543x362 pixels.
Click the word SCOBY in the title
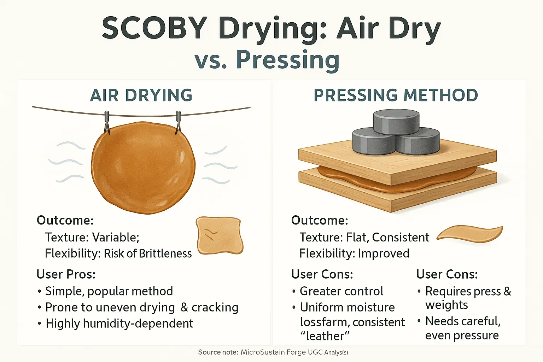pos(154,28)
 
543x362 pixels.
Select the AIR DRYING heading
pos(141,95)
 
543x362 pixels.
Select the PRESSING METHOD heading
pos(396,95)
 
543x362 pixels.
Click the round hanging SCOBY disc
pos(143,168)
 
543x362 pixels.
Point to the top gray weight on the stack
pos(396,122)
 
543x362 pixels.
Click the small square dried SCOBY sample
pos(220,235)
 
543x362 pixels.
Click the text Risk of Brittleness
pos(148,253)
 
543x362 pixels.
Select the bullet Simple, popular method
pos(109,291)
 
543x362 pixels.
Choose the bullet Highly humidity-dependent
pos(119,323)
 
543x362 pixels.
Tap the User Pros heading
pos(66,274)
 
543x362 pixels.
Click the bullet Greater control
pos(341,291)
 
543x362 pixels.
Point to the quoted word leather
pos(325,336)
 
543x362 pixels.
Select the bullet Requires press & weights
pos(467,298)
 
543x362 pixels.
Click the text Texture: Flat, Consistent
pos(364,237)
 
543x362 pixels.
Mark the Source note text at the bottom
pos(273,352)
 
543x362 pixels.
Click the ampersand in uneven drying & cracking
pos(184,307)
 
